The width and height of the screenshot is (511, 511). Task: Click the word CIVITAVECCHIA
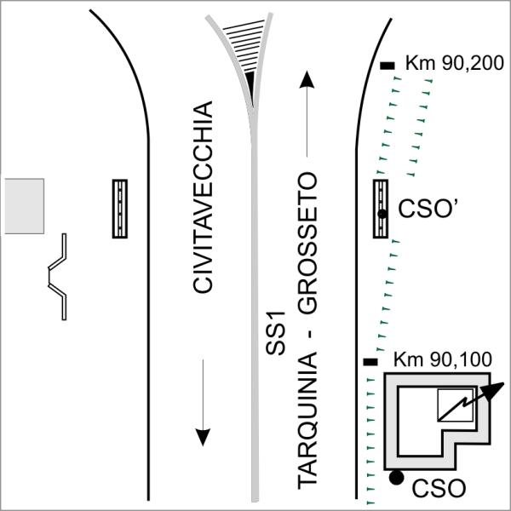point(203,198)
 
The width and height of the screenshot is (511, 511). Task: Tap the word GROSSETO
point(308,243)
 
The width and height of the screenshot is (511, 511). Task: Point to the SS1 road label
point(275,333)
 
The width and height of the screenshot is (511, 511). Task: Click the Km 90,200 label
point(455,63)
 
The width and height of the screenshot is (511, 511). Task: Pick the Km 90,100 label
point(443,359)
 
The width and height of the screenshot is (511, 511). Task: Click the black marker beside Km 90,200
point(388,66)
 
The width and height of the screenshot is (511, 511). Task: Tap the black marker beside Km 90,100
point(370,362)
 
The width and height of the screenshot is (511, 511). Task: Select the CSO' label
point(429,209)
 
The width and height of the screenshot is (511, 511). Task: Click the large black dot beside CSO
point(397,478)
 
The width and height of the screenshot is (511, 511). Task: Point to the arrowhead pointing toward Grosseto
point(307,79)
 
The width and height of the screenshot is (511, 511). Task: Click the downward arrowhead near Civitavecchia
point(203,437)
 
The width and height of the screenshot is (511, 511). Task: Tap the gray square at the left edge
point(24,206)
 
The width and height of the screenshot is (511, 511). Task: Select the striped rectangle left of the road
point(119,209)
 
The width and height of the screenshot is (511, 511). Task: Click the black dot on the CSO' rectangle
point(382,214)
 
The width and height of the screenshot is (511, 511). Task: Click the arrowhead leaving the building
point(493,391)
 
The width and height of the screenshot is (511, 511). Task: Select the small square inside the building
point(455,405)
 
